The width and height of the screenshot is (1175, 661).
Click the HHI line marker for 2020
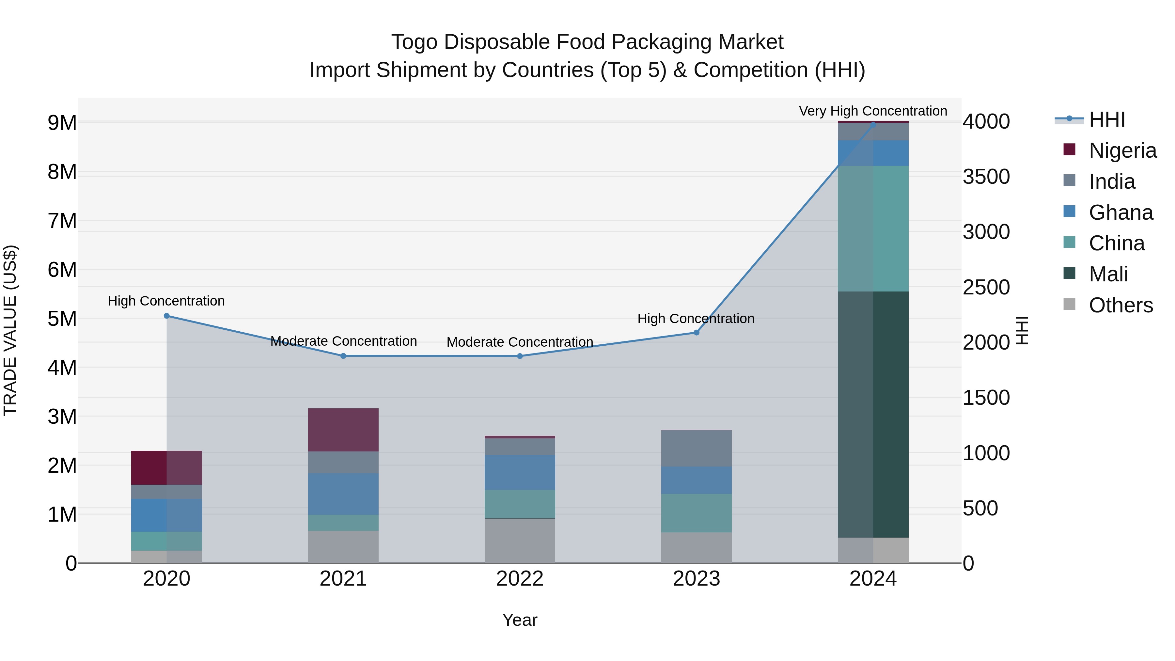166,316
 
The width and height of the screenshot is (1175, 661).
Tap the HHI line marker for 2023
696,333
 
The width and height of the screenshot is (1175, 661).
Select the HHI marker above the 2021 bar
343,356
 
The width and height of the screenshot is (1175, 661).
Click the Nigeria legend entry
1122,150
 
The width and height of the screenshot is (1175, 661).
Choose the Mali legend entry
1108,274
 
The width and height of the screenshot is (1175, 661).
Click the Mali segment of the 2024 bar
873,414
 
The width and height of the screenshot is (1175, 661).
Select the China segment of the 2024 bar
873,228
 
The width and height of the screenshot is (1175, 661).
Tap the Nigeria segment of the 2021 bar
343,430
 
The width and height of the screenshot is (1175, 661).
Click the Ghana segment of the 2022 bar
520,472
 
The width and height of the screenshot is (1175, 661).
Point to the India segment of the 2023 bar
696,448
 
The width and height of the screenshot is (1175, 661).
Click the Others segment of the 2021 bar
343,546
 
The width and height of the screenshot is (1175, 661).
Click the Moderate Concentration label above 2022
520,342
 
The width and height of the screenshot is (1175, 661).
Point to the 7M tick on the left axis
62,221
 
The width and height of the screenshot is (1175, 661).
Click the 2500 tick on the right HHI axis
986,287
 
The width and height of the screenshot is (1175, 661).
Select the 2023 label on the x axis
696,579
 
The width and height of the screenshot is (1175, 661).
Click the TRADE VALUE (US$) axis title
10,330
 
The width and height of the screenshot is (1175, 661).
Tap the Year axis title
520,620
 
